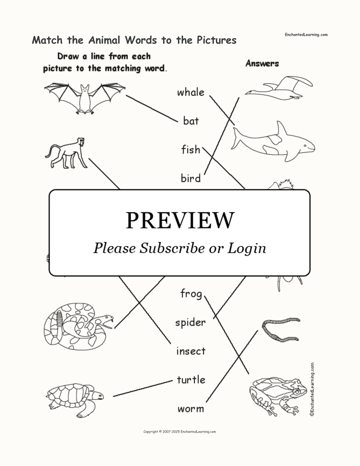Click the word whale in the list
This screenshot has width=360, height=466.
191,92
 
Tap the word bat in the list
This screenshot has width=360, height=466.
191,121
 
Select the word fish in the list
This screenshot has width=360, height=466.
191,149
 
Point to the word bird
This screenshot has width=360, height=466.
191,178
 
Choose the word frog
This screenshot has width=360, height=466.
191,294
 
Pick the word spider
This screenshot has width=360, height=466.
190,322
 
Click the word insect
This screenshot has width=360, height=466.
191,351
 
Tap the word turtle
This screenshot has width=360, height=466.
191,380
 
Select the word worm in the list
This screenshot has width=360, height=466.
191,409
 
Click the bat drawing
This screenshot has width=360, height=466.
85,98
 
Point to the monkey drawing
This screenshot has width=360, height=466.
66,153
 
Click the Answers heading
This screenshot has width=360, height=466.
262,64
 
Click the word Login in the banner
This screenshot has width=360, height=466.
246,249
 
